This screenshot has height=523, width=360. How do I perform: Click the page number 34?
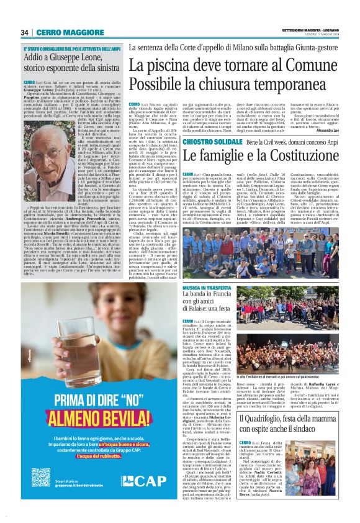click(25, 32)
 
